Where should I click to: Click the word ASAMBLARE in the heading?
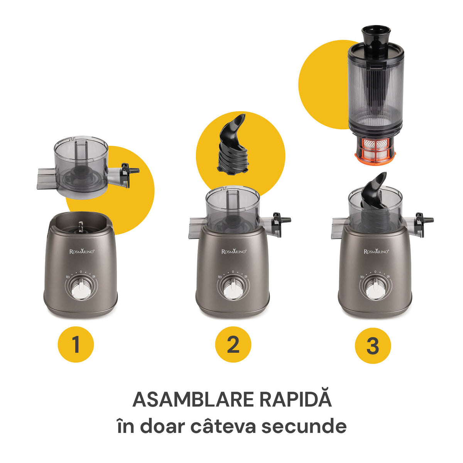coord(193,399)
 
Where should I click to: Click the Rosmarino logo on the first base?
coord(82,251)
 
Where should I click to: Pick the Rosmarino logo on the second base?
coord(234,251)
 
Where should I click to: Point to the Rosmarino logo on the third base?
coord(376,251)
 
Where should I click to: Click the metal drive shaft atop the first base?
coord(81,226)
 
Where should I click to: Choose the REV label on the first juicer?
coord(68,277)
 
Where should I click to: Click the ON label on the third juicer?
coord(388,277)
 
